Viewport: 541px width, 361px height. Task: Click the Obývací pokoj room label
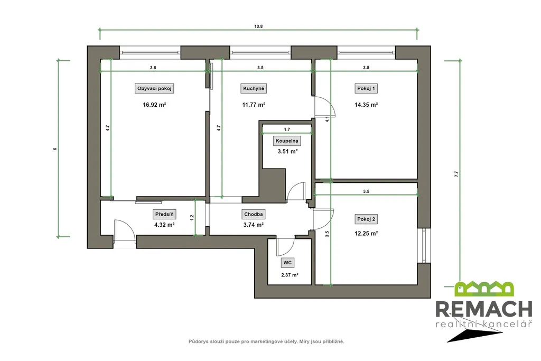click(154, 89)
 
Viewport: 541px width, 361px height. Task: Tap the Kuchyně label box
click(254, 89)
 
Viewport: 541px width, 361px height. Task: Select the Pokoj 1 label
click(366, 89)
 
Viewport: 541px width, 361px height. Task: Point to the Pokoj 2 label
click(366, 219)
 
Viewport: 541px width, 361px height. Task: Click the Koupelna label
click(287, 141)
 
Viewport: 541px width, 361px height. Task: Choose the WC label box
click(287, 263)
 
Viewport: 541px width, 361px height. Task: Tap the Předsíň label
click(164, 214)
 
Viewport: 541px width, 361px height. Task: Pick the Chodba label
click(254, 214)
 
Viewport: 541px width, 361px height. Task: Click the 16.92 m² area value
click(154, 105)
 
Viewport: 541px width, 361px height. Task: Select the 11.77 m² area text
click(254, 105)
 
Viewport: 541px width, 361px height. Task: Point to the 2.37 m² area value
click(290, 275)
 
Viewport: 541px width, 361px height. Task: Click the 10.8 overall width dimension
click(258, 26)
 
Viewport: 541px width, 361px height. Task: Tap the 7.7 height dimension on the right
click(456, 174)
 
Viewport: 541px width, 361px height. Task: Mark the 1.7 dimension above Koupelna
click(287, 130)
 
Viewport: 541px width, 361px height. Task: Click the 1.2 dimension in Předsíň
click(192, 218)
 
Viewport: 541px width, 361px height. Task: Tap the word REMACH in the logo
click(484, 309)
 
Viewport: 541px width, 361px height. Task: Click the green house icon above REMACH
click(484, 289)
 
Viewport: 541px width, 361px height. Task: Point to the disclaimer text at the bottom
click(266, 341)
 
